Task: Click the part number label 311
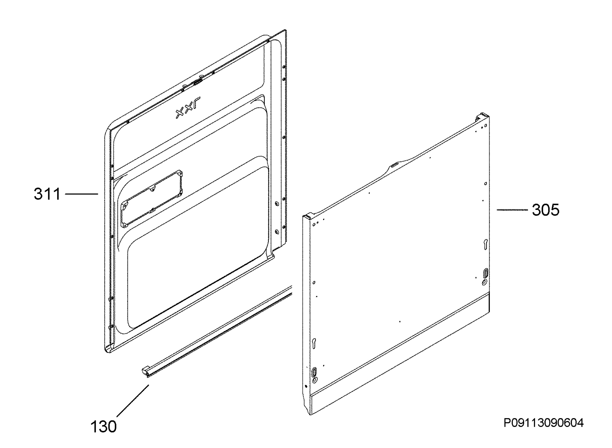tap(47, 194)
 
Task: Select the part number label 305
tap(545, 210)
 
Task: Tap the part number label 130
tap(103, 427)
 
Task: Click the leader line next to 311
tap(82, 194)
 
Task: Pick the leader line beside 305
tap(512, 210)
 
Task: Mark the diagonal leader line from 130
tap(133, 400)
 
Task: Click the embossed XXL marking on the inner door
tap(188, 107)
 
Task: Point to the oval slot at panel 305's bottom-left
tap(314, 372)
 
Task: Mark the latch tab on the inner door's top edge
tap(197, 82)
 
